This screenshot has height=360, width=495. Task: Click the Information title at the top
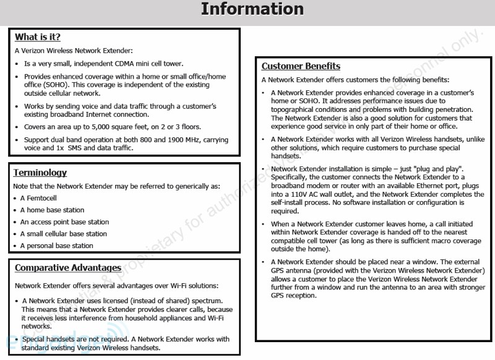tap(252, 9)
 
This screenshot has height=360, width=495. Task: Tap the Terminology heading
tap(40, 173)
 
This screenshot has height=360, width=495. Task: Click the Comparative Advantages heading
tap(68, 268)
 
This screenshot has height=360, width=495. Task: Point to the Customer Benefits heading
tap(301, 66)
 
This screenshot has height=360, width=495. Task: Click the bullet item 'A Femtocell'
tap(39, 198)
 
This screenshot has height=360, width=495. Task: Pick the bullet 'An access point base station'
tap(64, 222)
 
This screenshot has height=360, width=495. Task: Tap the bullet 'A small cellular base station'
tap(63, 234)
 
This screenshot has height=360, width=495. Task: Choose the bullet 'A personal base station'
tap(56, 246)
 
